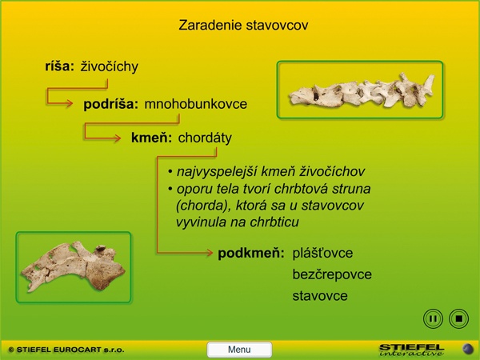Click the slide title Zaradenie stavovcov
(x=243, y=25)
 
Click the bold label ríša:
(x=60, y=66)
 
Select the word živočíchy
(x=110, y=66)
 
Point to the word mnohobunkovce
(x=196, y=104)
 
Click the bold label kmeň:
(x=151, y=138)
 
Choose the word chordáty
(x=205, y=138)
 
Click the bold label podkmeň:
(x=251, y=253)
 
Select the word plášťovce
(x=322, y=253)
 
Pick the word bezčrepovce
(x=332, y=274)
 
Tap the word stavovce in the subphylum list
(x=320, y=296)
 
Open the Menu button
(x=239, y=350)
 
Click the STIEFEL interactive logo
(x=411, y=350)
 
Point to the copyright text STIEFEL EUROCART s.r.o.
(x=66, y=350)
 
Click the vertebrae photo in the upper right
(x=360, y=90)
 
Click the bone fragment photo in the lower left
(x=74, y=267)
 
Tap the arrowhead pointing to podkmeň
(x=210, y=253)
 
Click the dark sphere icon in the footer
(x=467, y=350)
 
